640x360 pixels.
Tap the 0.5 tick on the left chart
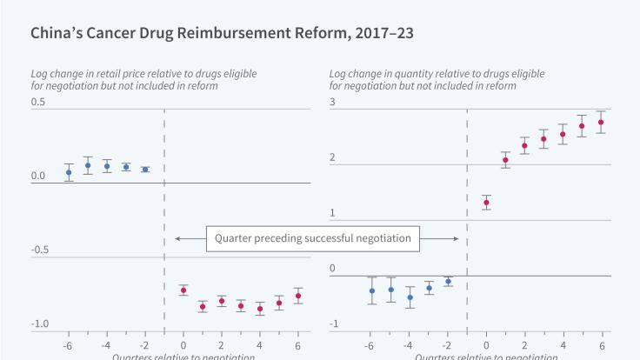click(38, 103)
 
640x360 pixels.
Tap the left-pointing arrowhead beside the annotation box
click(177, 237)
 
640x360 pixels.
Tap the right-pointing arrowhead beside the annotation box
click(457, 237)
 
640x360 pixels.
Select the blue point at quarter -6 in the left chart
click(69, 172)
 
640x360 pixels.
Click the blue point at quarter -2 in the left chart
click(145, 170)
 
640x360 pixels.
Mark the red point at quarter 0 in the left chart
click(183, 290)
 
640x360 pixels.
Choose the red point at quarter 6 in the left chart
click(298, 297)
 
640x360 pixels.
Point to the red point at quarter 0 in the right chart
click(486, 203)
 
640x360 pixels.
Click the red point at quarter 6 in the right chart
click(601, 123)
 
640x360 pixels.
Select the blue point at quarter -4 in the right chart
click(410, 297)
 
